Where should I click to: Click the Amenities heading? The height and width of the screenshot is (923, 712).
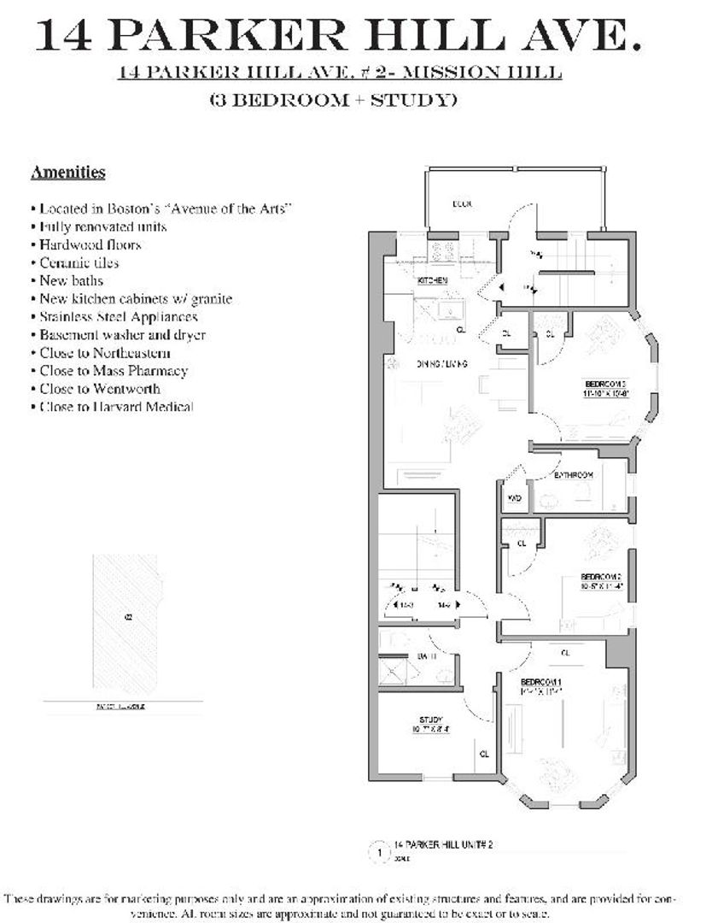[x=67, y=173]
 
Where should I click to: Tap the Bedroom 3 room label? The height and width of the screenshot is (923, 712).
[x=605, y=388]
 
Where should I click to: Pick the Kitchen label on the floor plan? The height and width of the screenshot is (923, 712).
[x=432, y=280]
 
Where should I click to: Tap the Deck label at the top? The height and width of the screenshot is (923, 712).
[x=463, y=203]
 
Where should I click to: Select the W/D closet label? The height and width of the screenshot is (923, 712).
[x=515, y=497]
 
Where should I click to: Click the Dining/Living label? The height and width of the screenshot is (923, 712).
[x=441, y=365]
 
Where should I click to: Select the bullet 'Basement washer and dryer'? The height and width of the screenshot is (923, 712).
[x=121, y=335]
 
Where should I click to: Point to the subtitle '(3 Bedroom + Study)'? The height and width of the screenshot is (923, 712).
[x=333, y=100]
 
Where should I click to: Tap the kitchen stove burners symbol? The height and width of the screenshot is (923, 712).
[x=444, y=251]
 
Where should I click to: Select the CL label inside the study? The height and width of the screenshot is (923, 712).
[x=484, y=754]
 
